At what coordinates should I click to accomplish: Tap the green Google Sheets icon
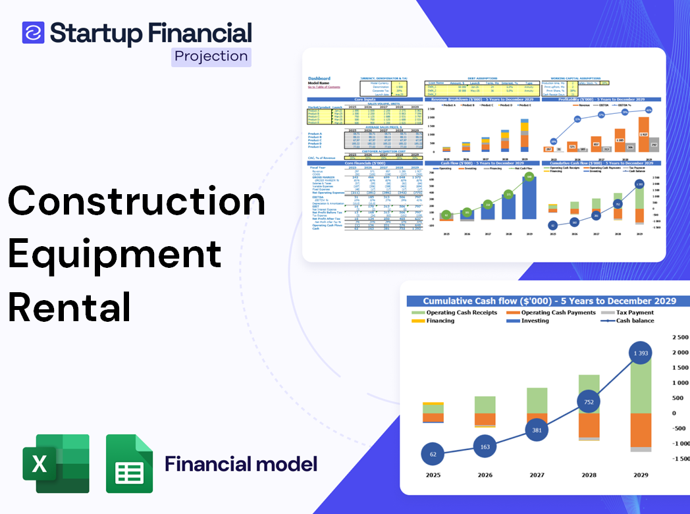pyautogui.click(x=129, y=463)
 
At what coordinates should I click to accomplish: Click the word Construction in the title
pyautogui.click(x=137, y=201)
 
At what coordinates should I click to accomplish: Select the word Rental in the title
pyautogui.click(x=70, y=306)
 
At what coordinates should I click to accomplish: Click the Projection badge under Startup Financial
pyautogui.click(x=211, y=56)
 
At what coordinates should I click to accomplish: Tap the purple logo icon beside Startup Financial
pyautogui.click(x=33, y=32)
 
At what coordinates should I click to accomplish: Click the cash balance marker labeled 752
pyautogui.click(x=588, y=402)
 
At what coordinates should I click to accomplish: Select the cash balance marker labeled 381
pyautogui.click(x=537, y=430)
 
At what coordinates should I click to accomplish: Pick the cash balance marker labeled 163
pyautogui.click(x=485, y=447)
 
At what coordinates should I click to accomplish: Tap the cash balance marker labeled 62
pyautogui.click(x=432, y=453)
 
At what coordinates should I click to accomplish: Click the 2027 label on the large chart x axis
pyautogui.click(x=537, y=475)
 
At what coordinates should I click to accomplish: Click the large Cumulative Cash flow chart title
pyautogui.click(x=549, y=301)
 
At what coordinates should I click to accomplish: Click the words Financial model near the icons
pyautogui.click(x=241, y=464)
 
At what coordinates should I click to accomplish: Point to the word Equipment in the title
pyautogui.click(x=115, y=253)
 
